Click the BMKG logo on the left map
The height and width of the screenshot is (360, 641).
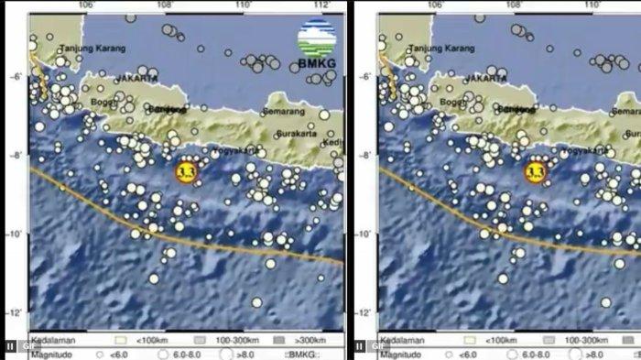314,46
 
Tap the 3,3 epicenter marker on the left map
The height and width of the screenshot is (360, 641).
187,171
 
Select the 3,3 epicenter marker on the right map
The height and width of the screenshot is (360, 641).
536,171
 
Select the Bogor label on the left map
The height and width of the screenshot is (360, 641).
103,103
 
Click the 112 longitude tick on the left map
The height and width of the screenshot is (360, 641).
320,6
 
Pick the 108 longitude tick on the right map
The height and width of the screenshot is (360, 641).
515,6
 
